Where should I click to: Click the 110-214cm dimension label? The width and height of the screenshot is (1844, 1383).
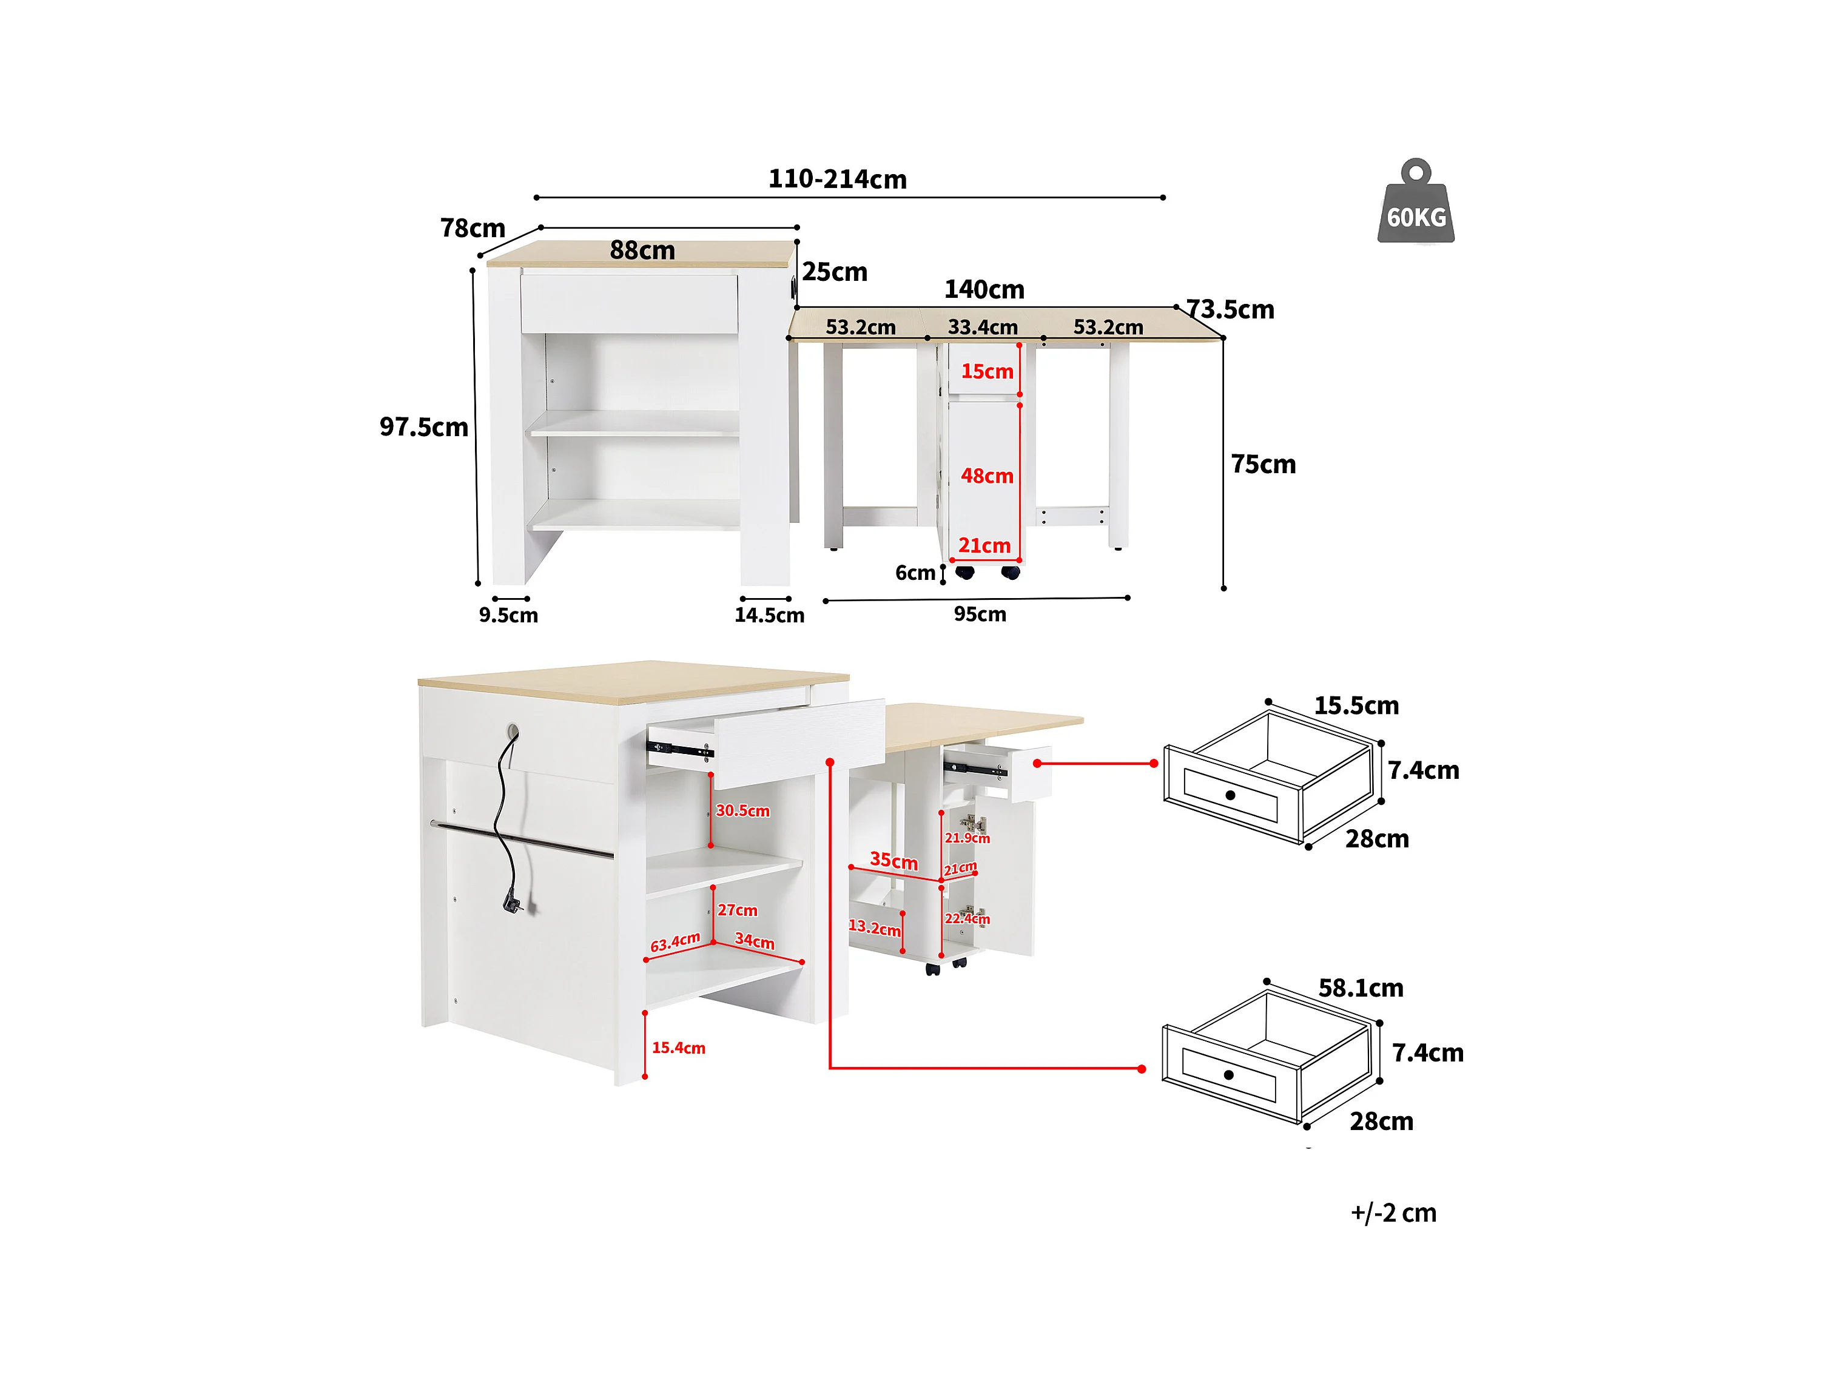(x=837, y=179)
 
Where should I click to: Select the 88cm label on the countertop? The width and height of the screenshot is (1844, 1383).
(x=642, y=250)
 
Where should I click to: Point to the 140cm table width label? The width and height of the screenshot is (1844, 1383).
(x=984, y=289)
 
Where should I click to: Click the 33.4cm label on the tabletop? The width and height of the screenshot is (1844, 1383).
(x=982, y=327)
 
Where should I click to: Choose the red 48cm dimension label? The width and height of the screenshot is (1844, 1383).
(x=987, y=476)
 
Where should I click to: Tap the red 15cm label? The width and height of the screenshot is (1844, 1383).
(x=987, y=371)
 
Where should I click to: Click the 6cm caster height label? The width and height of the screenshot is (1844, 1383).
(x=915, y=573)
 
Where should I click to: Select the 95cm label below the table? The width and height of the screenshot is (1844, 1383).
(x=980, y=614)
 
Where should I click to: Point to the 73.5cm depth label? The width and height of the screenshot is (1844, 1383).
(x=1231, y=310)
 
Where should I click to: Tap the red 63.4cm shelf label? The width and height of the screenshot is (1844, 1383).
(x=675, y=942)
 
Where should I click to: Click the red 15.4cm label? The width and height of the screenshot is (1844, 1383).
(x=679, y=1048)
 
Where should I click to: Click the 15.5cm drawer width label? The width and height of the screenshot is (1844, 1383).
(x=1356, y=706)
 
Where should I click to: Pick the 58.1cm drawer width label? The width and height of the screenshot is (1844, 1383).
(x=1361, y=989)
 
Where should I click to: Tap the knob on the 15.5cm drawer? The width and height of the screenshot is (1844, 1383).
(x=1230, y=795)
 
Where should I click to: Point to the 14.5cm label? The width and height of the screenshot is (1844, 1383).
(x=769, y=615)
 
